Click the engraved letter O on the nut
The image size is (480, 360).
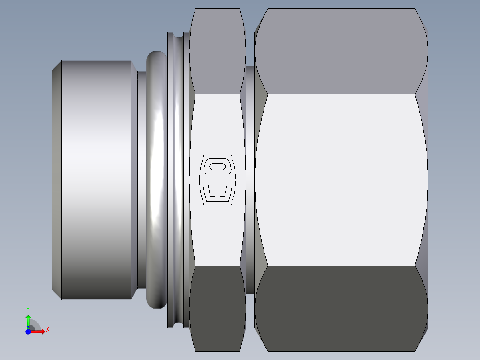tap(217, 167)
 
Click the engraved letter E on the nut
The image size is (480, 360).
tap(217, 192)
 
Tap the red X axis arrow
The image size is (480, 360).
tap(38, 331)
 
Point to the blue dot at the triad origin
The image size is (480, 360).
tap(28, 331)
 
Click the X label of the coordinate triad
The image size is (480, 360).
tap(48, 330)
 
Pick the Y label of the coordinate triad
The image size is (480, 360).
tap(28, 309)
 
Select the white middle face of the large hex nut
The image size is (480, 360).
tap(341, 178)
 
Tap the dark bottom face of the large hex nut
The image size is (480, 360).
tap(341, 307)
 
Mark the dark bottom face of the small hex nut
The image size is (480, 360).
tap(217, 307)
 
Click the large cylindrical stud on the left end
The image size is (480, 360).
tap(96, 178)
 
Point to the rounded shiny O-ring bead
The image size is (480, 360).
tap(156, 178)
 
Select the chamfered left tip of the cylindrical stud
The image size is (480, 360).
tap(57, 178)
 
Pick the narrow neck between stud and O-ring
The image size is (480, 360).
tap(141, 178)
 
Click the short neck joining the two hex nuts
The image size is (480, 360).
tap(250, 178)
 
